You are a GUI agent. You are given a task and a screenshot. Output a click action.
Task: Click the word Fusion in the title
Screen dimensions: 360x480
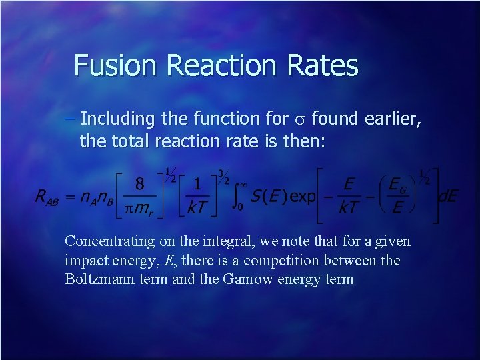(x=113, y=65)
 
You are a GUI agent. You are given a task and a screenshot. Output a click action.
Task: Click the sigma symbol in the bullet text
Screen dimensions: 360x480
(x=299, y=119)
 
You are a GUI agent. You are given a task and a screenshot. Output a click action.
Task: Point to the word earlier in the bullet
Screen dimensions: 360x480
(x=393, y=119)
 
